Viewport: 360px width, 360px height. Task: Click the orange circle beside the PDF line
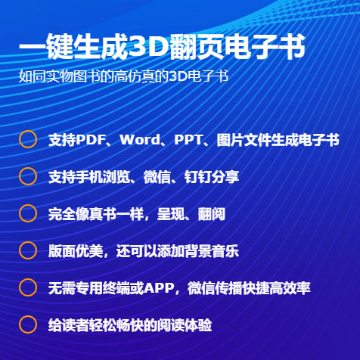(x=28, y=132)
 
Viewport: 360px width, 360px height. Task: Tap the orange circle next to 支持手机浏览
(x=28, y=169)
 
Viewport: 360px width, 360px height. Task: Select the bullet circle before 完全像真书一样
(x=28, y=206)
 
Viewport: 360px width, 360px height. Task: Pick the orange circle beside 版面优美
(x=28, y=243)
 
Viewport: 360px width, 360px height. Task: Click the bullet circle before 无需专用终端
(x=28, y=280)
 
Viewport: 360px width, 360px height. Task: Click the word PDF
(x=90, y=140)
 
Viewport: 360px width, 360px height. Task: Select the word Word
(x=140, y=140)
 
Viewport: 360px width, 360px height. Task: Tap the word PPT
(x=188, y=140)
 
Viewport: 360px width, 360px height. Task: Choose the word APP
(x=160, y=288)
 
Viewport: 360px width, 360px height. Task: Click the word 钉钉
(x=198, y=177)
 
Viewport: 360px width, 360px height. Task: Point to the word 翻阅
(x=211, y=214)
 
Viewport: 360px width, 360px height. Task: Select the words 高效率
(x=290, y=288)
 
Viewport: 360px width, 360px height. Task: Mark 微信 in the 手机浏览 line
(x=157, y=177)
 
